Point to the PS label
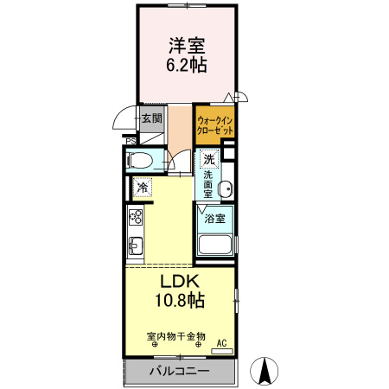click(x=131, y=142)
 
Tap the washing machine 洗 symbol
click(x=208, y=158)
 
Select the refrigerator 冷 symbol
click(x=142, y=187)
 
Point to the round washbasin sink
click(x=226, y=190)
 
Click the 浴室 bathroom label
click(x=214, y=219)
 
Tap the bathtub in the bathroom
click(x=215, y=242)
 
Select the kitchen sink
click(x=136, y=246)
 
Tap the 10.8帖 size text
click(x=180, y=301)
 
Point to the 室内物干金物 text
click(x=177, y=335)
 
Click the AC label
click(x=220, y=343)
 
